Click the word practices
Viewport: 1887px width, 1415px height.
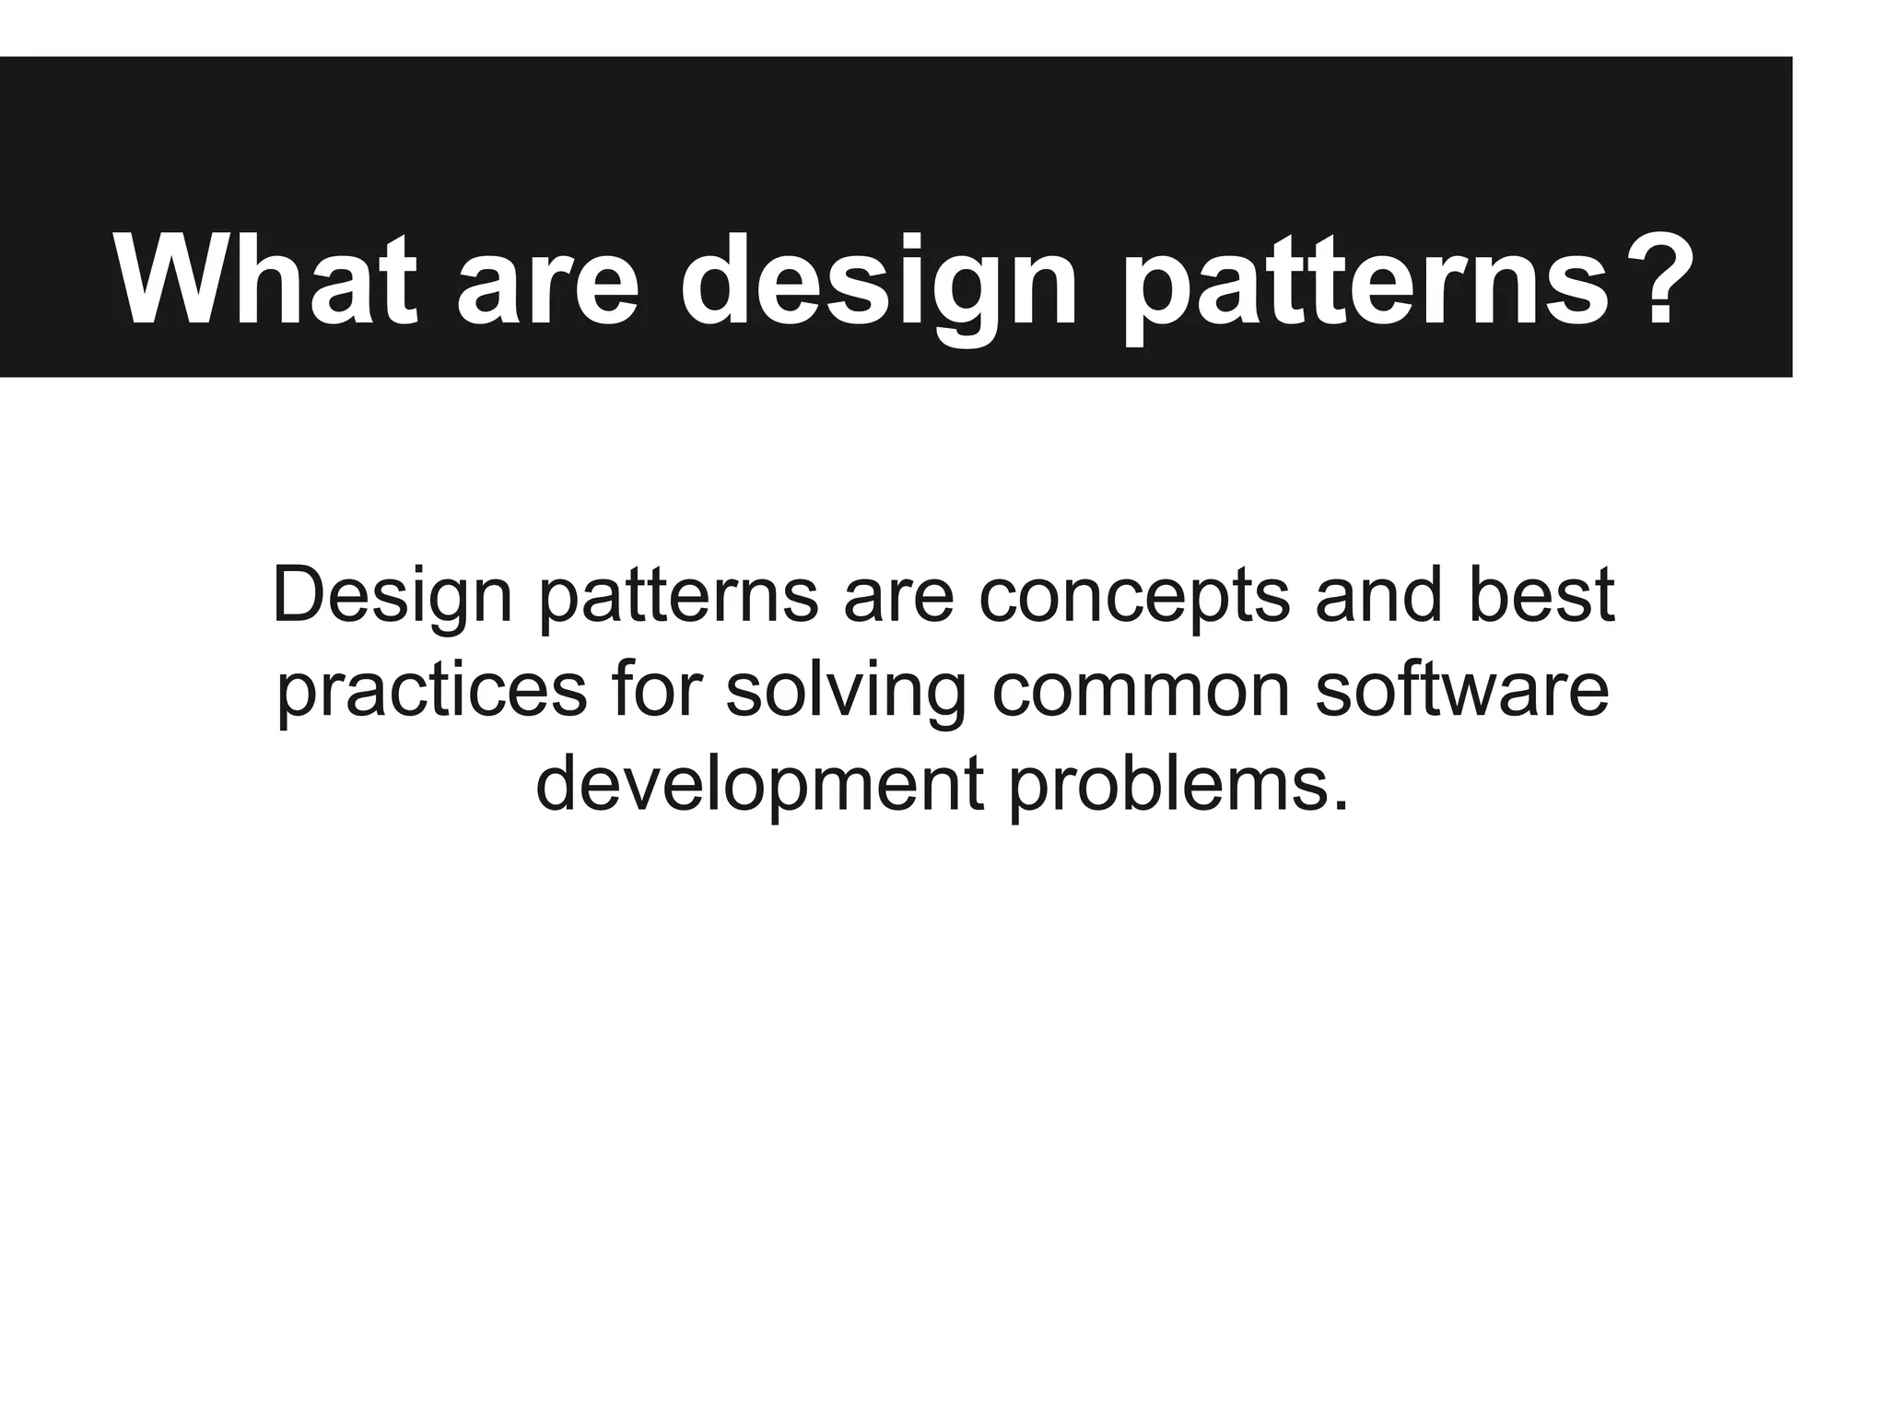[x=432, y=694]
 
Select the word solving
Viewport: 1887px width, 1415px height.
[x=846, y=694]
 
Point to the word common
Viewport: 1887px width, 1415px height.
[x=1141, y=694]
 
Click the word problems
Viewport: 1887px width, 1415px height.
[x=1166, y=788]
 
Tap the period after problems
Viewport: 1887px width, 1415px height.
[x=1340, y=807]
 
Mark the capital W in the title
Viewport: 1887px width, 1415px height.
[x=176, y=280]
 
